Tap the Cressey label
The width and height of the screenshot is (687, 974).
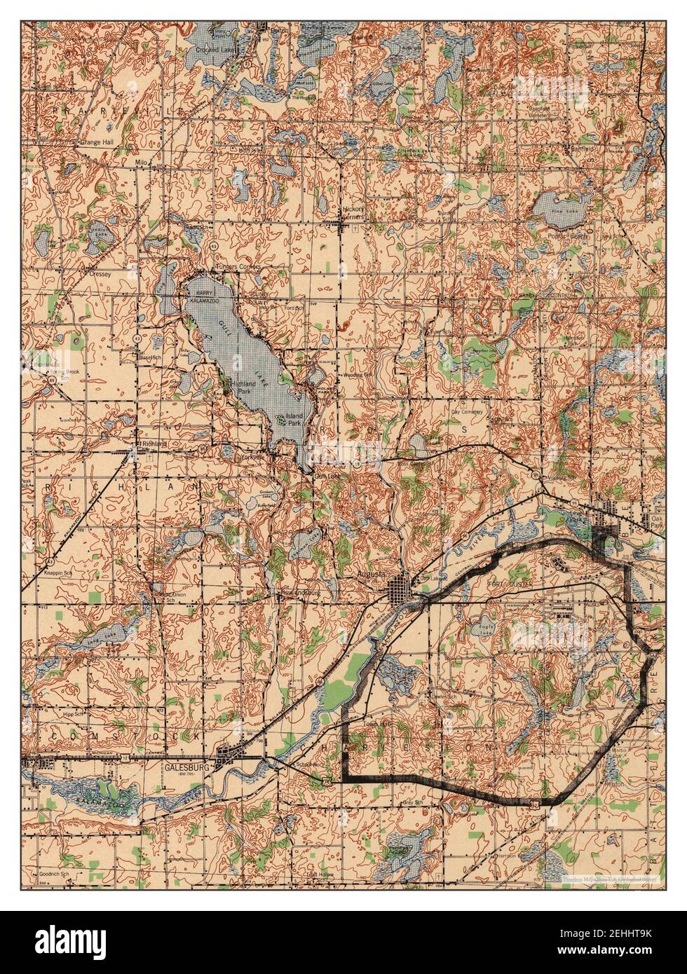coord(100,275)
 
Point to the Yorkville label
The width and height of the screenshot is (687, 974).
coord(251,457)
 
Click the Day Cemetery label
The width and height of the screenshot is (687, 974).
coord(467,413)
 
